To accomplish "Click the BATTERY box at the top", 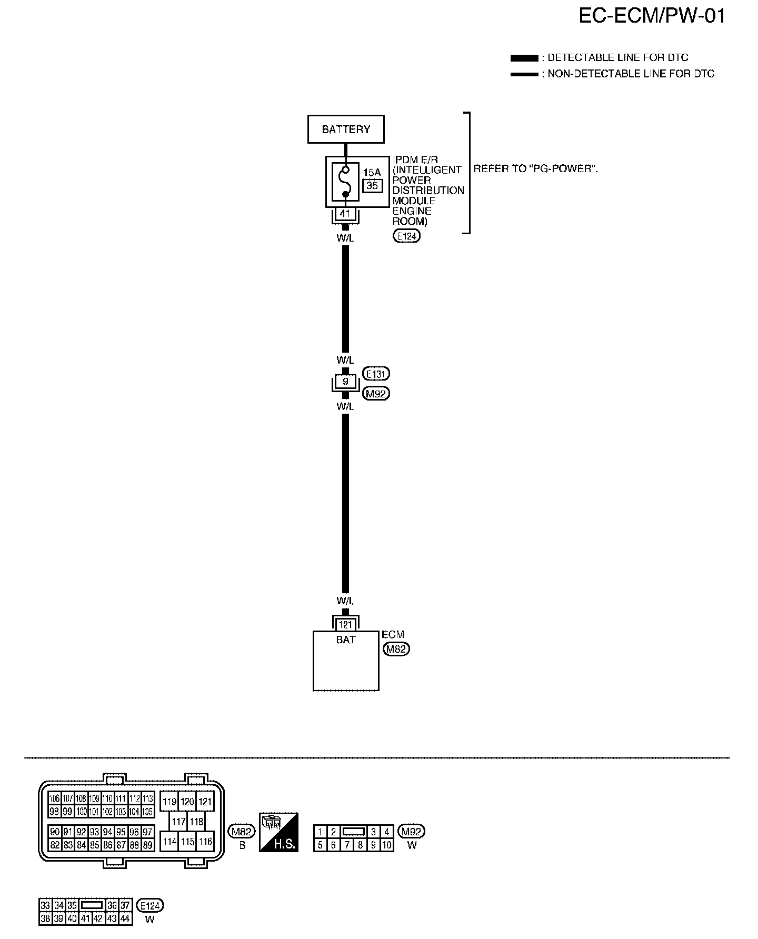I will pyautogui.click(x=346, y=129).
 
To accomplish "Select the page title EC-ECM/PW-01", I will pyautogui.click(x=652, y=16).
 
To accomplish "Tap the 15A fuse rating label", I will pyautogui.click(x=372, y=172).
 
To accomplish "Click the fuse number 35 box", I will pyautogui.click(x=372, y=185).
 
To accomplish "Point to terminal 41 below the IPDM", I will pyautogui.click(x=345, y=214).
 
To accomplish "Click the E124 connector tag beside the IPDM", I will pyautogui.click(x=406, y=236).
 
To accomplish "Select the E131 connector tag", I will pyautogui.click(x=376, y=374).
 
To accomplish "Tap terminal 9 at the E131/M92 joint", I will pyautogui.click(x=345, y=382).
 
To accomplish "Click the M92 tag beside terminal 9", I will pyautogui.click(x=376, y=394).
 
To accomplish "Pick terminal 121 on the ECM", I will pyautogui.click(x=345, y=625).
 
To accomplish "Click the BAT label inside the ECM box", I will pyautogui.click(x=346, y=640).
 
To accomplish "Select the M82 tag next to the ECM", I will pyautogui.click(x=396, y=649).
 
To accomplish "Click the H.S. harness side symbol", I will pyautogui.click(x=279, y=832).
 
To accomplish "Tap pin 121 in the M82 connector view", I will pyautogui.click(x=205, y=802).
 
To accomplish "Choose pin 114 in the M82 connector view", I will pyautogui.click(x=169, y=841).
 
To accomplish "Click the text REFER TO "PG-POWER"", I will pyautogui.click(x=536, y=169).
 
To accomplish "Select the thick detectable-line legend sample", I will pyautogui.click(x=524, y=58).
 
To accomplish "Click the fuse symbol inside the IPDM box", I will pyautogui.click(x=345, y=182).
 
